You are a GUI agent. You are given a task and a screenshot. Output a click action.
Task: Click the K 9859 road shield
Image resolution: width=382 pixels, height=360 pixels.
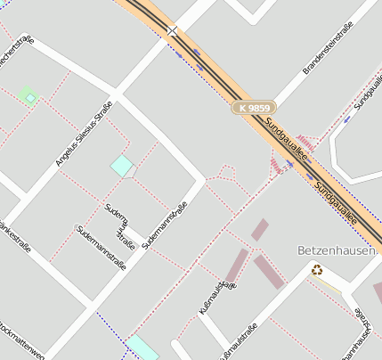pos(253,108)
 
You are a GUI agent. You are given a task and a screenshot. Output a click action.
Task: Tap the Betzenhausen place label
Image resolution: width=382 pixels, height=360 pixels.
pos(336,250)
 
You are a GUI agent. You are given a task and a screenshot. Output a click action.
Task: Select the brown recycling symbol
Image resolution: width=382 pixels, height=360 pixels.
pos(317,269)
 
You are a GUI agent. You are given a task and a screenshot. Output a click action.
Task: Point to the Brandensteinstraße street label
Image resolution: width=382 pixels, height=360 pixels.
pos(329,49)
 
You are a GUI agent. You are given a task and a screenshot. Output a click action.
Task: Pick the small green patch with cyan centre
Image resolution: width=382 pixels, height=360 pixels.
pos(28,95)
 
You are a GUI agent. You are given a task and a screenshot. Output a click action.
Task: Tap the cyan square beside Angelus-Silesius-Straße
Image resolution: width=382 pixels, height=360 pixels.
pos(121,165)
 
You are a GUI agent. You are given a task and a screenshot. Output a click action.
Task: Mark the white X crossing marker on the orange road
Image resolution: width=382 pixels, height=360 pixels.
pos(172,31)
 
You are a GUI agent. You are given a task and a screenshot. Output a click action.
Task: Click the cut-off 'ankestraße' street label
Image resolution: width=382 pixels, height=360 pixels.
pos(16,237)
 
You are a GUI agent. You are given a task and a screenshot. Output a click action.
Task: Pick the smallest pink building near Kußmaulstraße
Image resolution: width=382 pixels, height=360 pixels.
pos(259,229)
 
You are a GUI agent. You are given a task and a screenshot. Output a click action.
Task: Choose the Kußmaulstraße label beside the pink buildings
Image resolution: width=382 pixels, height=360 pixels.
pos(217,297)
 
